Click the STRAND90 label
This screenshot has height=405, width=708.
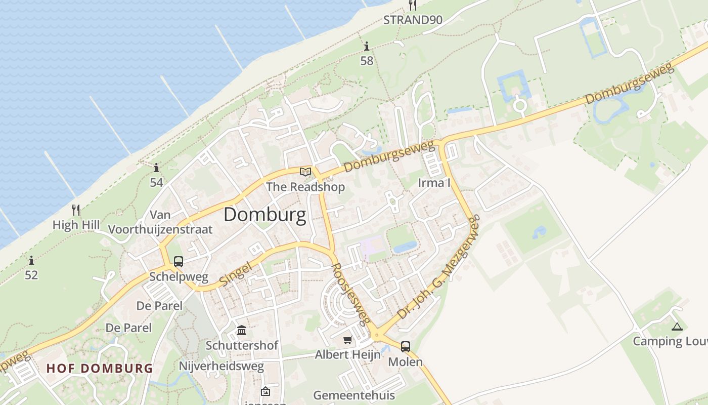pyautogui.click(x=413, y=20)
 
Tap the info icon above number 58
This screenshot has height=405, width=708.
pyautogui.click(x=367, y=47)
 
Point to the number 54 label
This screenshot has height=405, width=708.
pyautogui.click(x=156, y=182)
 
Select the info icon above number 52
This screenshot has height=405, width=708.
pyautogui.click(x=31, y=260)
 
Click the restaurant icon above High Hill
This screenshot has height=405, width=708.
pyautogui.click(x=76, y=210)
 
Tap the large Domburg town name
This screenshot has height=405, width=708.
pyautogui.click(x=264, y=215)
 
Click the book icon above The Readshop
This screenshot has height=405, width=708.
pyautogui.click(x=305, y=172)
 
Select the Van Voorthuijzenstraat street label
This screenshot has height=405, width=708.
pyautogui.click(x=160, y=222)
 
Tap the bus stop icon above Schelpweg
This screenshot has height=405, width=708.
pyautogui.click(x=179, y=262)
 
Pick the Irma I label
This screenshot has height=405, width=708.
pyautogui.click(x=434, y=183)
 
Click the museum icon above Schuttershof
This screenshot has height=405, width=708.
pyautogui.click(x=242, y=331)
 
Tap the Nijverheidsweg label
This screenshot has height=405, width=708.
pyautogui.click(x=222, y=366)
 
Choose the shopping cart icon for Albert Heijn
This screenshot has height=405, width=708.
pyautogui.click(x=347, y=340)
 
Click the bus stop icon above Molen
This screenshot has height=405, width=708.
pyautogui.click(x=406, y=347)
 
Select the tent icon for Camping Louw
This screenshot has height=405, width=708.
pyautogui.click(x=677, y=327)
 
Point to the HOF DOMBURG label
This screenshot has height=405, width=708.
pyautogui.click(x=100, y=368)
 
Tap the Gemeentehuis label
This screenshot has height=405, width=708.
pyautogui.click(x=354, y=395)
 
